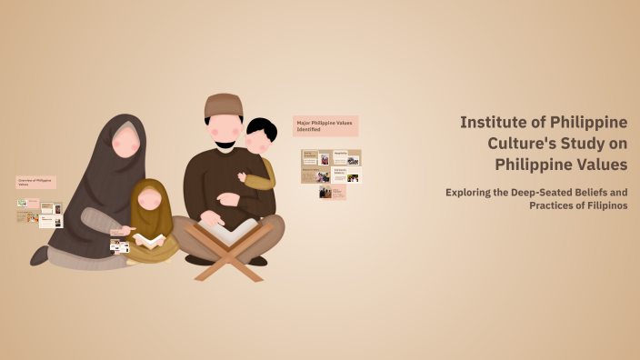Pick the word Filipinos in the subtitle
click(x=601, y=205)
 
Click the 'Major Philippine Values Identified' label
click(x=325, y=125)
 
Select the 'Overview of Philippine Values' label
click(x=35, y=182)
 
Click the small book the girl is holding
click(x=150, y=240)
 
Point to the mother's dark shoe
click(x=39, y=256)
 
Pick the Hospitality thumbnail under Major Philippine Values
click(x=346, y=156)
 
